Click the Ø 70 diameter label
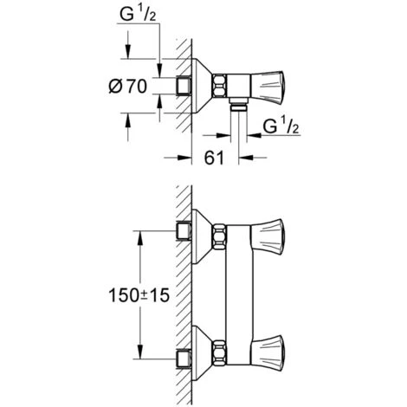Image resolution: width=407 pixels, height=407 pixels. pos(128,86)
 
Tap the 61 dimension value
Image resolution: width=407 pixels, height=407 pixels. pos(214,158)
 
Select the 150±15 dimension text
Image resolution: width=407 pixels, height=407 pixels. pos(139,295)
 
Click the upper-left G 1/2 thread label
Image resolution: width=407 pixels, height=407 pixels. pos(138,14)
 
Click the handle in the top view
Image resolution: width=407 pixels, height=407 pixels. pos(268,86)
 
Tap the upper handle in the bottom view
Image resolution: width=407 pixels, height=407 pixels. pos(268,236)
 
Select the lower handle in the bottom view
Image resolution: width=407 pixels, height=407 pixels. pos(268,352)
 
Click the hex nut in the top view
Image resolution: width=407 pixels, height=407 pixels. pos(220,86)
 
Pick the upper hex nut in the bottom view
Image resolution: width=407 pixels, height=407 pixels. pos(220,236)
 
